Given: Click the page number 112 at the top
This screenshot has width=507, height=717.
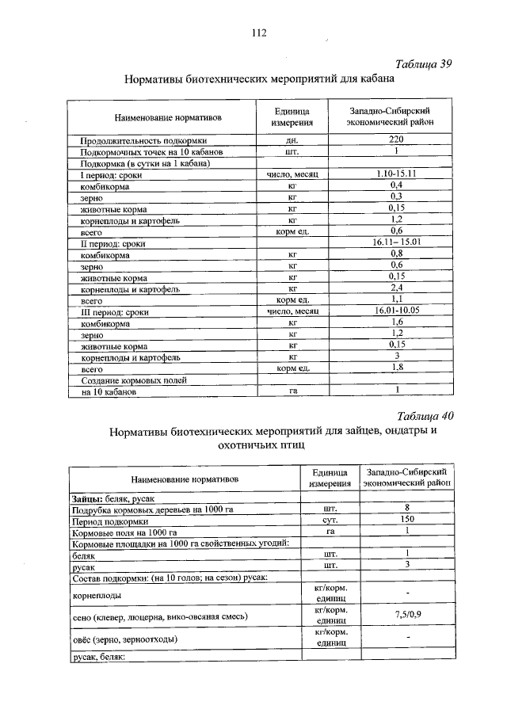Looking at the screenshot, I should coord(258,32).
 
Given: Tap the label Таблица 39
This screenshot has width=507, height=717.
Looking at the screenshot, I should coord(424,64).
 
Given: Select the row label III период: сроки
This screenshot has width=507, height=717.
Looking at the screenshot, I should coord(114,312).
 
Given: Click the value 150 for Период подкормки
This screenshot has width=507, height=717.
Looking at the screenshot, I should coord(407,519).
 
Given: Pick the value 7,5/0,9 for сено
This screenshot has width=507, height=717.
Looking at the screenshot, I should coord(407,614).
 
